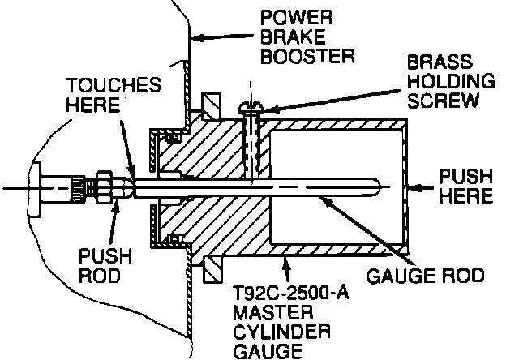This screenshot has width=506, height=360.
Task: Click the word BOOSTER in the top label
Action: pyautogui.click(x=307, y=56)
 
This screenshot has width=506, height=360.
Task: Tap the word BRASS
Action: pyautogui.click(x=440, y=62)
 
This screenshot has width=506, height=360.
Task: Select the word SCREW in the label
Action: pyautogui.click(x=442, y=101)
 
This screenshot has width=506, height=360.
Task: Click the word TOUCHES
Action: pyautogui.click(x=114, y=85)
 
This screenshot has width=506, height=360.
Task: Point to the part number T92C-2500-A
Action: pyautogui.click(x=291, y=294)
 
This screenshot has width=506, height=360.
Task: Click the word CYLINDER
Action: pyautogui.click(x=281, y=332)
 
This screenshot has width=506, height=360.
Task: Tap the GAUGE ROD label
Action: pyautogui.click(x=426, y=276)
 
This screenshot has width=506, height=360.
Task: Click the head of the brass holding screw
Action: pyautogui.click(x=251, y=107)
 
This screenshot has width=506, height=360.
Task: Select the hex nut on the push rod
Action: pyautogui.click(x=105, y=187)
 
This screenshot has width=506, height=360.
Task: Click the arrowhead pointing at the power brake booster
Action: pyautogui.click(x=198, y=38)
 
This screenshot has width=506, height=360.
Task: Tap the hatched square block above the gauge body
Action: pyautogui.click(x=211, y=106)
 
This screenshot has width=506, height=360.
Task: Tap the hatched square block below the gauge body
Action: pyautogui.click(x=212, y=269)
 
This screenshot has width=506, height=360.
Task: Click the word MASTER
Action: pyautogui.click(x=273, y=313)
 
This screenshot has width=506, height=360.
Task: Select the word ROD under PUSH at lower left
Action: pyautogui.click(x=100, y=276)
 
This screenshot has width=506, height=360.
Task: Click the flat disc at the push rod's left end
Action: pyautogui.click(x=35, y=189)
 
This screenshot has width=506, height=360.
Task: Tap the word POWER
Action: pyautogui.click(x=296, y=17)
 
